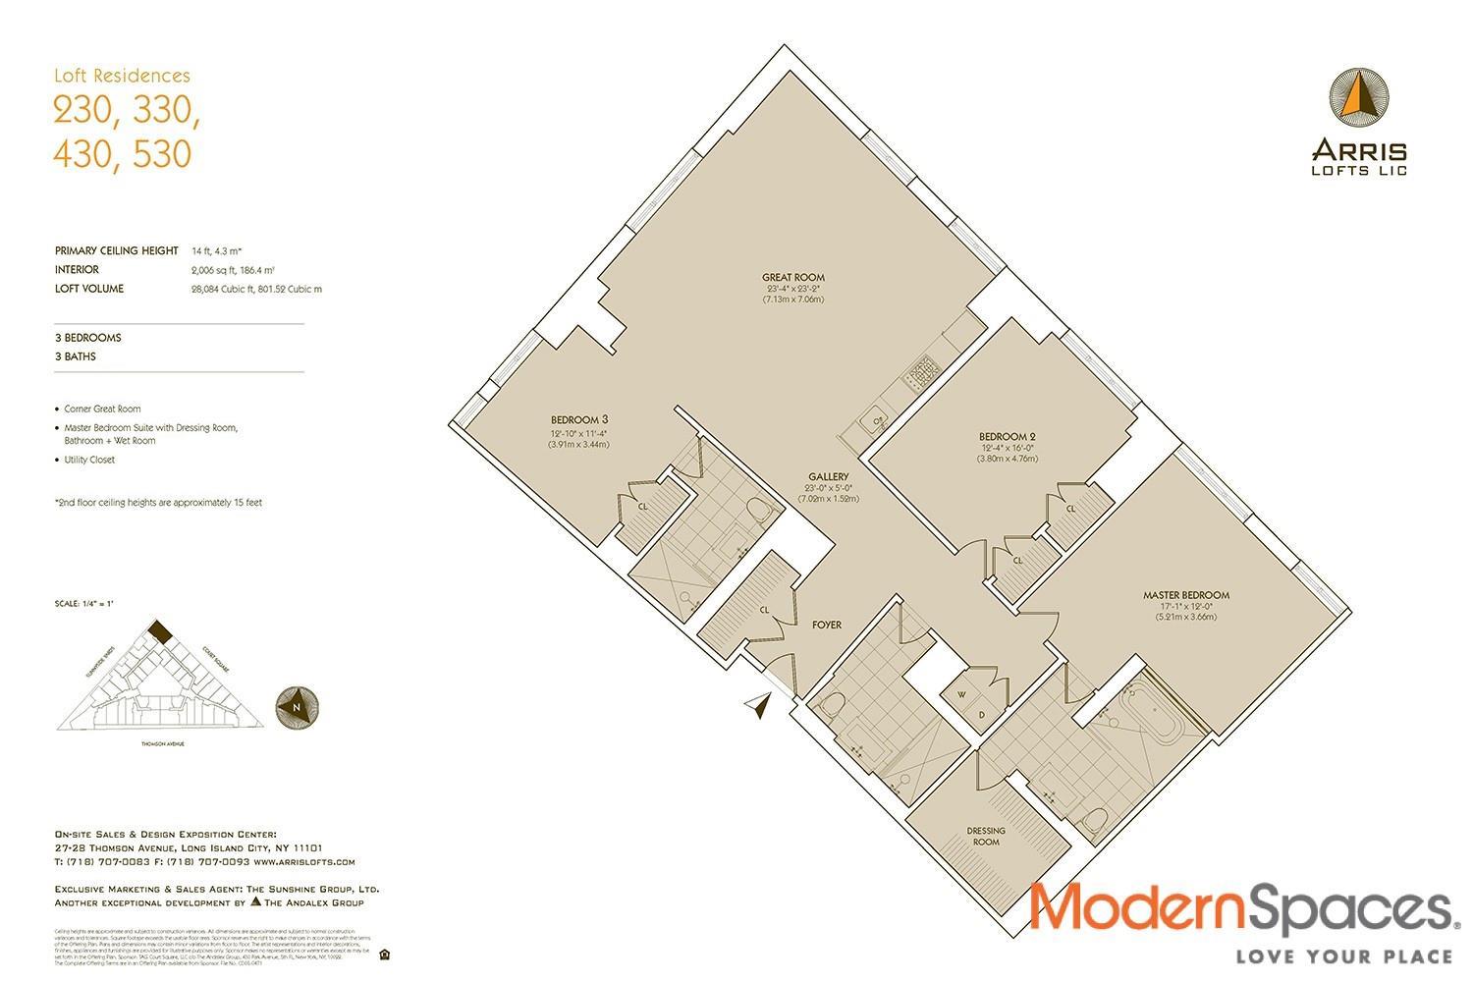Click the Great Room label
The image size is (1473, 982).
[x=793, y=278]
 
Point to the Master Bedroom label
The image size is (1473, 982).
[x=1185, y=595]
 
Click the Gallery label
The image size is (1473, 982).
[x=829, y=477]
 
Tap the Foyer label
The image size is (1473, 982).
[x=826, y=625]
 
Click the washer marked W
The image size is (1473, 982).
[x=961, y=693]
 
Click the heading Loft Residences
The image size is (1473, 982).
[x=122, y=76]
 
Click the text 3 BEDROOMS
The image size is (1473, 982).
[x=88, y=338]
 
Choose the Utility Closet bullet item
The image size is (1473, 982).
[x=88, y=460]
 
